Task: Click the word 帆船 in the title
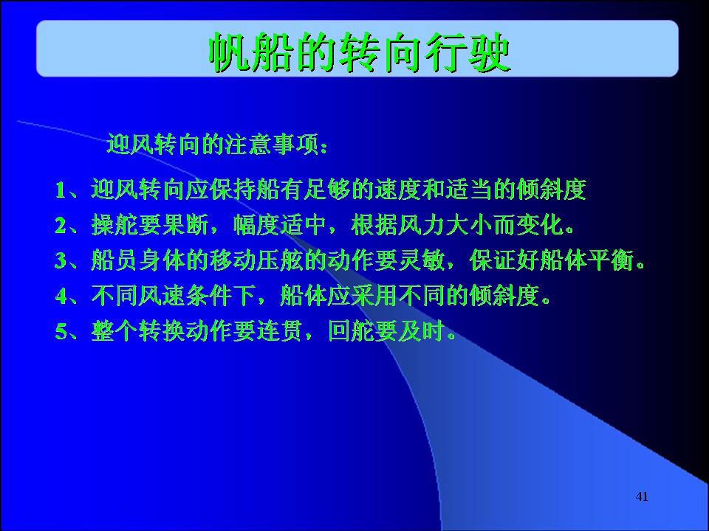250,53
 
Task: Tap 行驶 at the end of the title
468,53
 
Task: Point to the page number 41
642,496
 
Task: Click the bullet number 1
61,190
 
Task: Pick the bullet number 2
61,226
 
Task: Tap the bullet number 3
61,260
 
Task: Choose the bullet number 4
61,296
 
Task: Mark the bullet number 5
61,331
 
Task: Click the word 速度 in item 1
398,190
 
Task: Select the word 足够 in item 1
327,190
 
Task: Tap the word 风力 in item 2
422,225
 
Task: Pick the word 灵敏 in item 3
422,260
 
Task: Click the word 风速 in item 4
162,296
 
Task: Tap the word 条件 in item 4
209,296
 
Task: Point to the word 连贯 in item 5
280,331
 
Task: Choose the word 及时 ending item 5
422,331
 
